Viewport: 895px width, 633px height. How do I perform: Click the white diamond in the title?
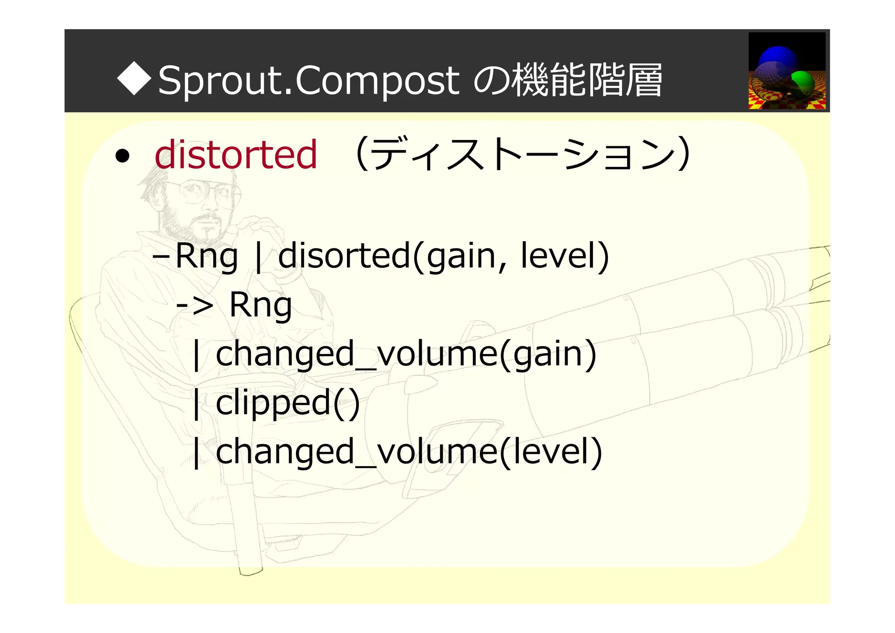pyautogui.click(x=134, y=79)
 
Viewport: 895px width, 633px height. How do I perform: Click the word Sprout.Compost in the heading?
pyautogui.click(x=308, y=80)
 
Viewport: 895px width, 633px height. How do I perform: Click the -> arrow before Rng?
pyautogui.click(x=194, y=305)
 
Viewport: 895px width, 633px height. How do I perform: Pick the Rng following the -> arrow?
pyautogui.click(x=260, y=305)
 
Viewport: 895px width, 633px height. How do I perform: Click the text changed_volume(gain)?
pyautogui.click(x=406, y=354)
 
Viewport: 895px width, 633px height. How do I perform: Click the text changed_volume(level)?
pyautogui.click(x=409, y=452)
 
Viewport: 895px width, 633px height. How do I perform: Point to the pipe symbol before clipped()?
pyautogui.click(x=197, y=404)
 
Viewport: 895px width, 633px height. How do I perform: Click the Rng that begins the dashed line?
pyautogui.click(x=206, y=257)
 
